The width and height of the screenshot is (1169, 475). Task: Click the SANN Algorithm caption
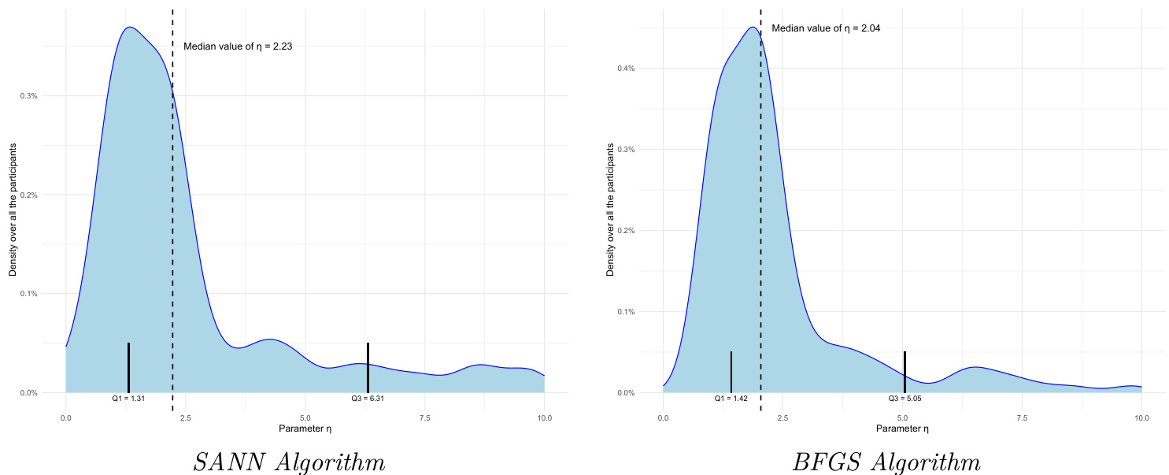[289, 462]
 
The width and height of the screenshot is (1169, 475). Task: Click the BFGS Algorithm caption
[886, 462]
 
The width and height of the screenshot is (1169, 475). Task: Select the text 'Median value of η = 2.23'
[238, 46]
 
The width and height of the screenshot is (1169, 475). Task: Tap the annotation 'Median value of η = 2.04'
[826, 28]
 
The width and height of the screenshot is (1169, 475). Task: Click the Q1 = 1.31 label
[128, 399]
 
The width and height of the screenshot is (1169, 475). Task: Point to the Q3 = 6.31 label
[368, 399]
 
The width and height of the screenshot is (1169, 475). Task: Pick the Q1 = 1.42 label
[731, 399]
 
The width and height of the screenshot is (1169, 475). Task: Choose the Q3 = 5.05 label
[904, 399]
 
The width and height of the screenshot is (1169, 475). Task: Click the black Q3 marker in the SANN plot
[368, 367]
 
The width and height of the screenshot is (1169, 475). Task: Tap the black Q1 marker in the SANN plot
[128, 367]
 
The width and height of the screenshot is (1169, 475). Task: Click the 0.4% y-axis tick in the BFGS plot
[625, 69]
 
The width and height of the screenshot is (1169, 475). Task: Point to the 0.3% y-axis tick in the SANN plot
[28, 96]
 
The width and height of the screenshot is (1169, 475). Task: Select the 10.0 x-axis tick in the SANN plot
[544, 417]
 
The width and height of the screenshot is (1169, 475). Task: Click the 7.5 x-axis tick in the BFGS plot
[1022, 417]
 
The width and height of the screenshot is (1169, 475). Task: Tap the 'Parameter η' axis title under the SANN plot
[305, 429]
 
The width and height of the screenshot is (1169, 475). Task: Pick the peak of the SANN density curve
[129, 28]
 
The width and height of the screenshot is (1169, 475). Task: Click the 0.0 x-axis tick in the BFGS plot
[663, 417]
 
